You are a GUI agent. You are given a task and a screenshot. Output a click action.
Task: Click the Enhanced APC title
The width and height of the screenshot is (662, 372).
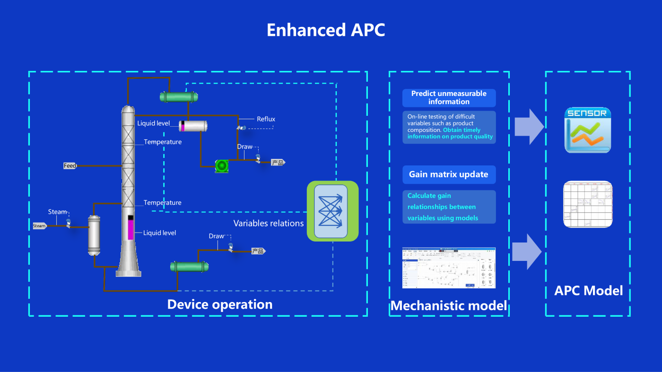tap(326, 30)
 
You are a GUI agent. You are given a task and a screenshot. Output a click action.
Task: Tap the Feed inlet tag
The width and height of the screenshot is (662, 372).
tap(70, 166)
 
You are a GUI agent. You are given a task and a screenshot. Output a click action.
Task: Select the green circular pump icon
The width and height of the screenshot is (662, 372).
tap(222, 165)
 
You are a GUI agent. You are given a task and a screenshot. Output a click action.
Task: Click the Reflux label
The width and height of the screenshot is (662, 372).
tap(266, 119)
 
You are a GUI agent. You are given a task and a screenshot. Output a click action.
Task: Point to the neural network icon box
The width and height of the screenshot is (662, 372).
tap(333, 211)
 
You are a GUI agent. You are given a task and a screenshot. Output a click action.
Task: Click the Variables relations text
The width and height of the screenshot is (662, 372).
tap(269, 223)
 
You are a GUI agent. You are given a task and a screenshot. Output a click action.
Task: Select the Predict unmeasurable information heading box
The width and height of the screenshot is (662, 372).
tap(449, 98)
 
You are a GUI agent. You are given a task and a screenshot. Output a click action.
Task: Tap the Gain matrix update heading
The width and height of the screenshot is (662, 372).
tap(449, 174)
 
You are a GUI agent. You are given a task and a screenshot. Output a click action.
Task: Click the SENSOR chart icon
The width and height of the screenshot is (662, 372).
tap(588, 130)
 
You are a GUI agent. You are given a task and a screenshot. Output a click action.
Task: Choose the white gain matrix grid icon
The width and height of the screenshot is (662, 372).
tap(588, 204)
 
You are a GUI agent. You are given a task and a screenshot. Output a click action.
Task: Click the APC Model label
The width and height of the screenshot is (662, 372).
tap(588, 290)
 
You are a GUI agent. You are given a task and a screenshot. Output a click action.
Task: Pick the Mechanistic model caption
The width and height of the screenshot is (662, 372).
tap(448, 306)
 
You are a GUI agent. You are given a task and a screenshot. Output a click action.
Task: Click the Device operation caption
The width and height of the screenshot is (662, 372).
tap(220, 304)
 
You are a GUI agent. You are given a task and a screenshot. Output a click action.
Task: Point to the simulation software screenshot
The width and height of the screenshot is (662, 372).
tap(449, 268)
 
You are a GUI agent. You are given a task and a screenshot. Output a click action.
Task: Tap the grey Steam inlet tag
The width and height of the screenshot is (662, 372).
tap(39, 226)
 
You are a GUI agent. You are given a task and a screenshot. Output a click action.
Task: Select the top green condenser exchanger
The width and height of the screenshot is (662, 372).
tap(179, 97)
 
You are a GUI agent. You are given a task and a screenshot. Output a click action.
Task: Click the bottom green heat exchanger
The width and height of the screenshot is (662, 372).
tap(190, 267)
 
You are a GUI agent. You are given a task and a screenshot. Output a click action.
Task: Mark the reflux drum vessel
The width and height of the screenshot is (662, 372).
tap(193, 126)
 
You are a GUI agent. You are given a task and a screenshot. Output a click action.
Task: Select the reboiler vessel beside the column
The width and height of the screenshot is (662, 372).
tap(94, 235)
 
